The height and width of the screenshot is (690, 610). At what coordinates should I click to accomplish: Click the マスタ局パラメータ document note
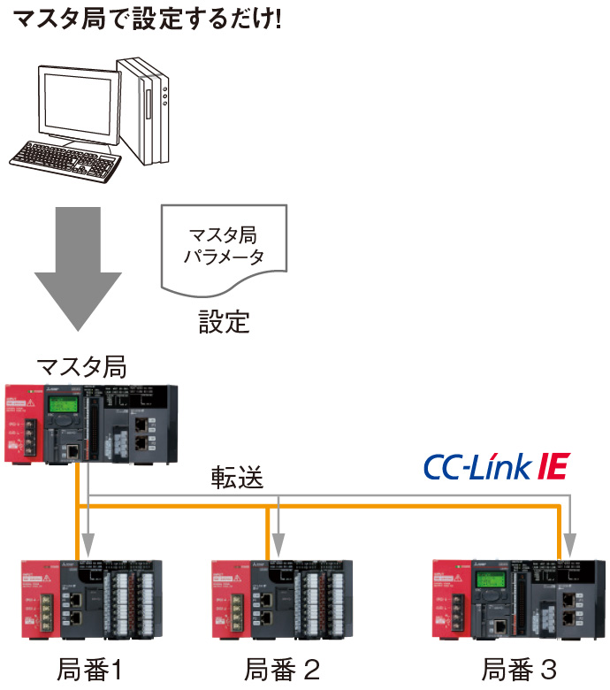(225, 248)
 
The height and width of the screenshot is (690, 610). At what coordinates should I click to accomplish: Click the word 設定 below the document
(224, 320)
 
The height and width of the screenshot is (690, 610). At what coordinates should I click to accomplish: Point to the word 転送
(237, 478)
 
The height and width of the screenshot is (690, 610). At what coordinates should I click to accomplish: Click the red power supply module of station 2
(231, 597)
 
